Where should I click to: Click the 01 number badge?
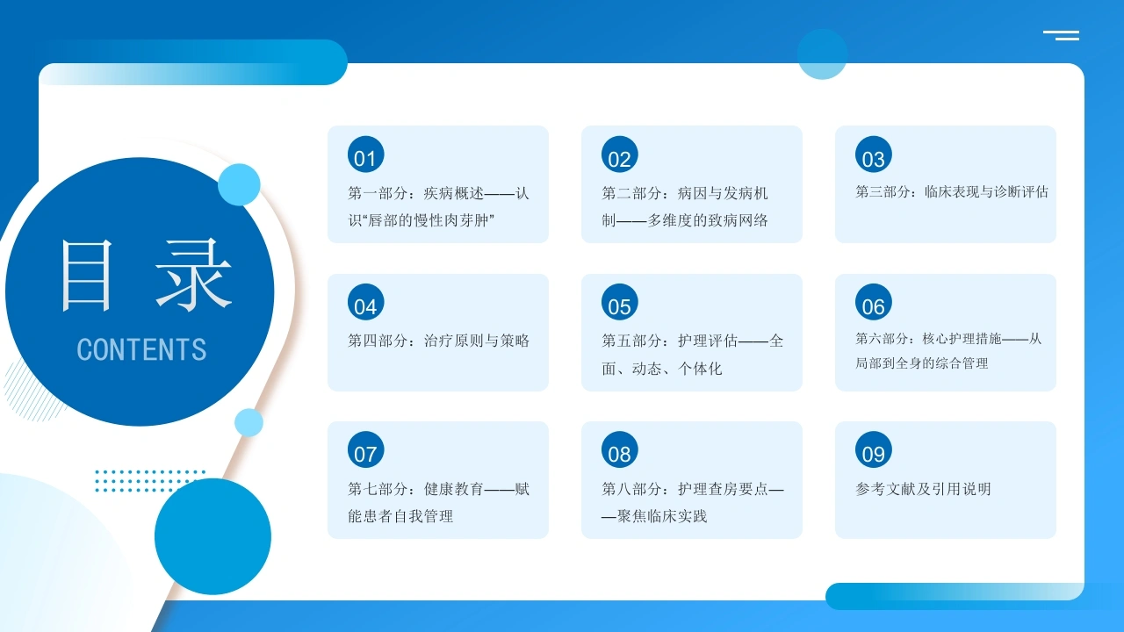[366, 154]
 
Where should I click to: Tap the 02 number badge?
[620, 154]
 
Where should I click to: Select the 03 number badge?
[874, 154]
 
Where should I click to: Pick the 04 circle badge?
[366, 302]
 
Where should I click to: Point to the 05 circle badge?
[620, 302]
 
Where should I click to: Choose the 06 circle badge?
[874, 302]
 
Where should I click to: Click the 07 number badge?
[366, 449]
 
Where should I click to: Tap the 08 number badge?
[620, 449]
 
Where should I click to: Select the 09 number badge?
[874, 449]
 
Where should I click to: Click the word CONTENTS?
[141, 349]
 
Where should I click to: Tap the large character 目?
[86, 276]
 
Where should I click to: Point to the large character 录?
[193, 275]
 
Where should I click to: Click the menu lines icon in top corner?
[1061, 35]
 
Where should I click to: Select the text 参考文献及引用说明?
[923, 489]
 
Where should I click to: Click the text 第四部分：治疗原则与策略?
[438, 341]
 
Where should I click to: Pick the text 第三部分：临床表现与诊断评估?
[952, 192]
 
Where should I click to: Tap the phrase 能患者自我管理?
[400, 516]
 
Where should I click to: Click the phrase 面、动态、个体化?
[662, 369]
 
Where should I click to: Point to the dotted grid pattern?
[149, 480]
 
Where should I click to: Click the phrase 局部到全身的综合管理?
[922, 363]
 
